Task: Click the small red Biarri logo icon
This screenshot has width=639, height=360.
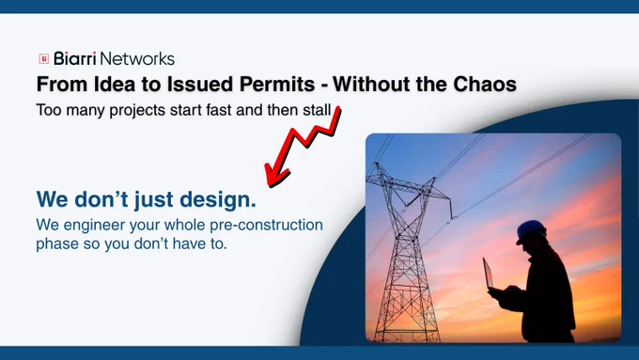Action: [43, 58]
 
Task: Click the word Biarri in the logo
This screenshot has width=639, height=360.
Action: [75, 58]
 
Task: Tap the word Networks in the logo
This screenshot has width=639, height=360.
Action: [137, 58]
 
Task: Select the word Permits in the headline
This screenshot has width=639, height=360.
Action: [277, 84]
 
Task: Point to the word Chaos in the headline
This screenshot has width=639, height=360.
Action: [485, 84]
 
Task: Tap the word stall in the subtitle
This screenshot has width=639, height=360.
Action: [317, 110]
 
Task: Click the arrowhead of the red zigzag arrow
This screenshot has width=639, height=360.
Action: [275, 175]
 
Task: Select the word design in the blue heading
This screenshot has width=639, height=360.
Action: [218, 199]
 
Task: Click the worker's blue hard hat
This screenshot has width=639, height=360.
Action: [530, 231]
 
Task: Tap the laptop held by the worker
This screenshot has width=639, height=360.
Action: [489, 274]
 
